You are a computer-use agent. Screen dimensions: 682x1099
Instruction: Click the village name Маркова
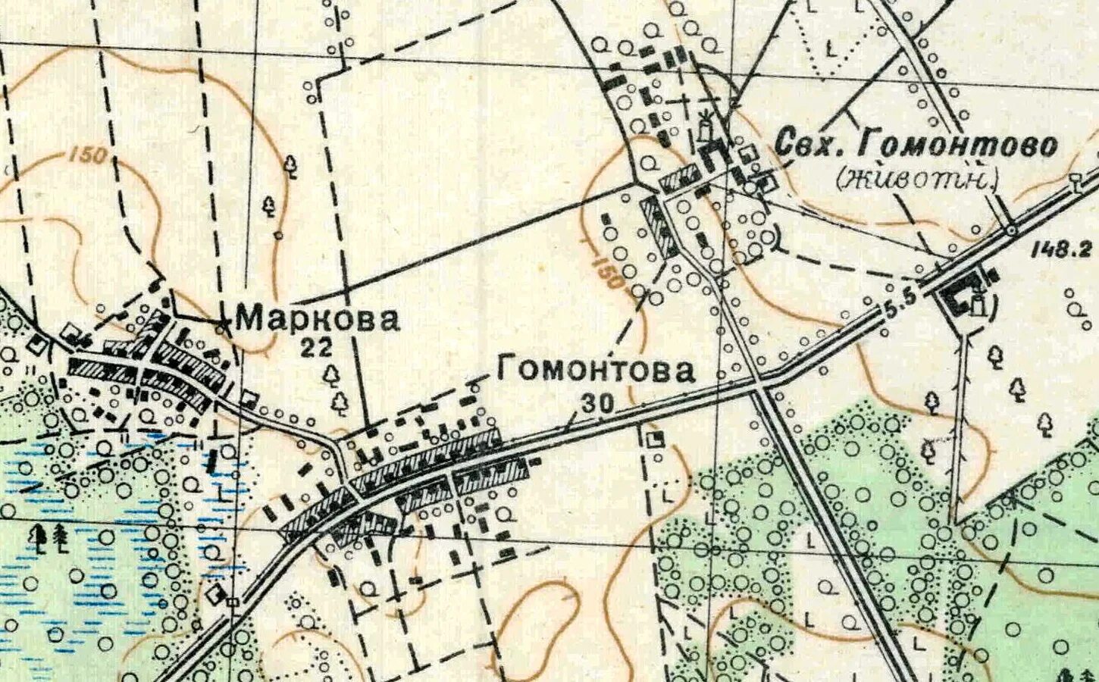317,319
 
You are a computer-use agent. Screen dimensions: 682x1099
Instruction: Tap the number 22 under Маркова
316,348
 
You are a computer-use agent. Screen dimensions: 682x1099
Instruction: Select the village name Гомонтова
595,371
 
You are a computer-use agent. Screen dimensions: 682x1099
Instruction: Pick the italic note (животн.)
917,179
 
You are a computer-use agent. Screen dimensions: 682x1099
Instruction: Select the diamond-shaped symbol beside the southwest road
217,593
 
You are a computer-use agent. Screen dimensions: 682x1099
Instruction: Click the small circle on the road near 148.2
1011,229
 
